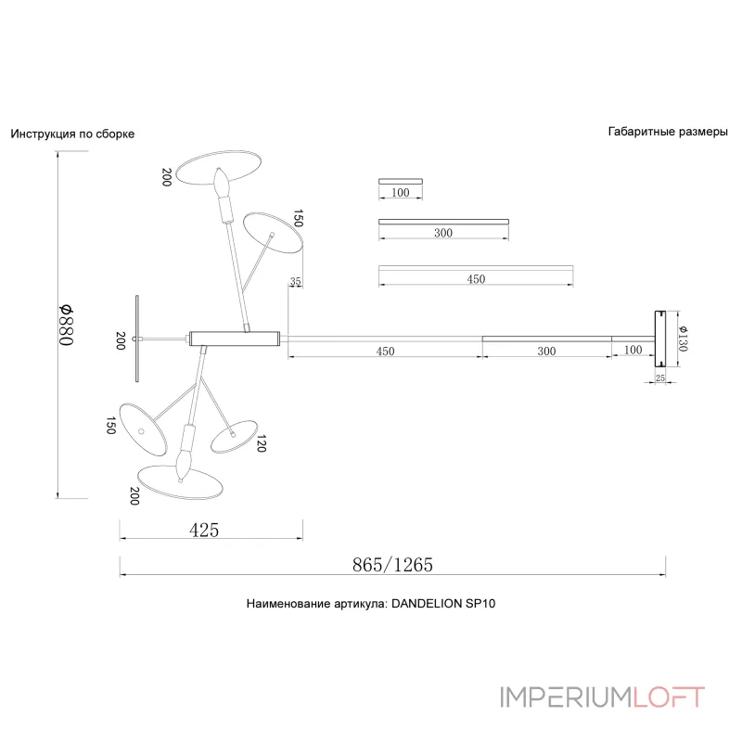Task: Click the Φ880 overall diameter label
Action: [66, 325]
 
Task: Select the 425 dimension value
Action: [204, 531]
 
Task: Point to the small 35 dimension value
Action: [296, 281]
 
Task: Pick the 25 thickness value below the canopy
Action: [660, 378]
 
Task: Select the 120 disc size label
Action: [262, 445]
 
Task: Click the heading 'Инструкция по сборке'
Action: [72, 134]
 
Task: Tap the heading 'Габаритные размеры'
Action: [668, 132]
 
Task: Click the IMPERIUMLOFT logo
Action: [602, 697]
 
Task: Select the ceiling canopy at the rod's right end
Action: [660, 338]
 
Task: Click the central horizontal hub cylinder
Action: [234, 338]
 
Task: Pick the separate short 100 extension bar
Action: [401, 180]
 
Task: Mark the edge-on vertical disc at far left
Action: [136, 339]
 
